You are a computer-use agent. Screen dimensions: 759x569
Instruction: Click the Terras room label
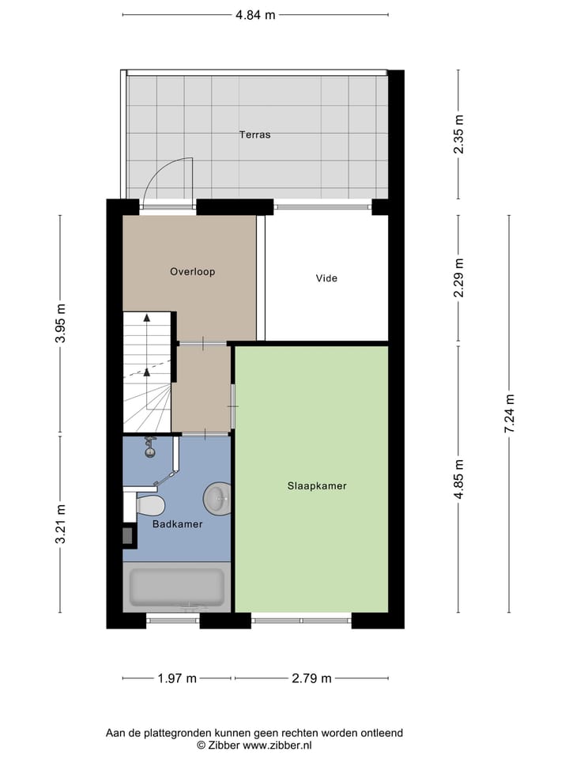(x=254, y=134)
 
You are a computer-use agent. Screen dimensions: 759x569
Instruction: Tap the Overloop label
(x=192, y=271)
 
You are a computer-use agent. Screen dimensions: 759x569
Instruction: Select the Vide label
(x=326, y=278)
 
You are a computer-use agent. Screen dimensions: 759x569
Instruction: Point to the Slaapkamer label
(x=316, y=486)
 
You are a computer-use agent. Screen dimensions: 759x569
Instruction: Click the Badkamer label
(x=178, y=524)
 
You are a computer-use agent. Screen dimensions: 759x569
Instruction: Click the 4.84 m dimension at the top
(x=254, y=14)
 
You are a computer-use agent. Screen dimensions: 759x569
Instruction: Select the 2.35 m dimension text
(x=459, y=134)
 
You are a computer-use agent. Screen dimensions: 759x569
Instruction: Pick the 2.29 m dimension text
(x=459, y=278)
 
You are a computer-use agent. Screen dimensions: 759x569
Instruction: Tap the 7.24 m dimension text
(x=510, y=413)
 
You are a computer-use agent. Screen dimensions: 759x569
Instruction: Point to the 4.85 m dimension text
(x=459, y=479)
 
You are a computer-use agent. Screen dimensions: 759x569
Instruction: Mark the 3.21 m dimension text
(x=61, y=523)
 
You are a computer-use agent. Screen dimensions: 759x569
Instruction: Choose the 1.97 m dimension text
(x=177, y=678)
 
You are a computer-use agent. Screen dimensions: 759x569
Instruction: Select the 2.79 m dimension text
(x=311, y=678)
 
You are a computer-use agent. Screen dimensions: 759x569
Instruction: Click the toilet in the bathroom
(x=148, y=504)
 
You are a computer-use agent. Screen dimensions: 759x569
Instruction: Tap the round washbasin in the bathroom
(x=217, y=498)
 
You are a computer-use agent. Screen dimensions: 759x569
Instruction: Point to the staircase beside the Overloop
(x=147, y=372)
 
